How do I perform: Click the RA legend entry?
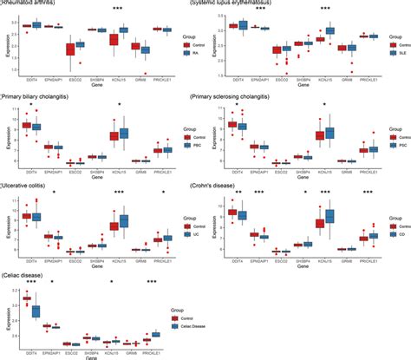(x=190, y=52)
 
